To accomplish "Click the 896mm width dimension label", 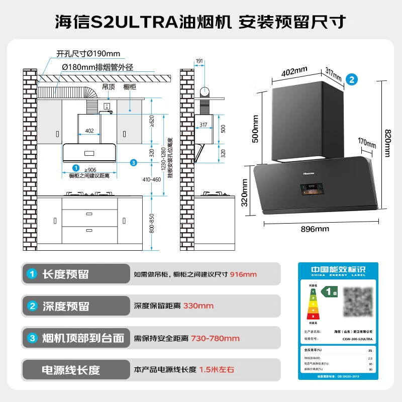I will tap(315, 229).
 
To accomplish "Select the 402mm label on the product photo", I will tap(294, 72).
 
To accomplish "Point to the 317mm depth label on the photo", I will tap(333, 74).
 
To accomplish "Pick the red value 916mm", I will tap(243, 274).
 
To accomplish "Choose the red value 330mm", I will tap(198, 306).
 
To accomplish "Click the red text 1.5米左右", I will tap(217, 370).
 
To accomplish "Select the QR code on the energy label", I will tap(358, 302).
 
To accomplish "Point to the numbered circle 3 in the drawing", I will tap(133, 162).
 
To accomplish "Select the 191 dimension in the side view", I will tap(199, 61).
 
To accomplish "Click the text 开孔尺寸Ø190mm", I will tap(88, 54).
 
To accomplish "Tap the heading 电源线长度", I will tap(71, 370).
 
